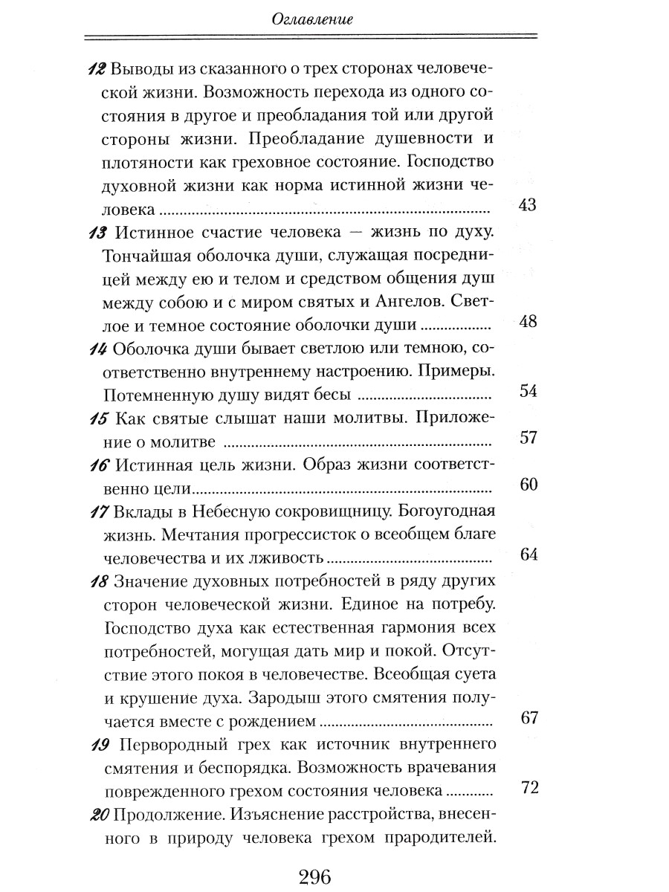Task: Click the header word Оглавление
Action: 311,21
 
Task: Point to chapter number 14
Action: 96,348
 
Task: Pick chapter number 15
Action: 96,418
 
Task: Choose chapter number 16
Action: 96,465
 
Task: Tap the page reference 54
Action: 527,392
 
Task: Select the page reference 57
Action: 527,438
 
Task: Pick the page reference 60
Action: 527,485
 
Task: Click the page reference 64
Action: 527,555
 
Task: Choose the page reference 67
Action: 529,717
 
